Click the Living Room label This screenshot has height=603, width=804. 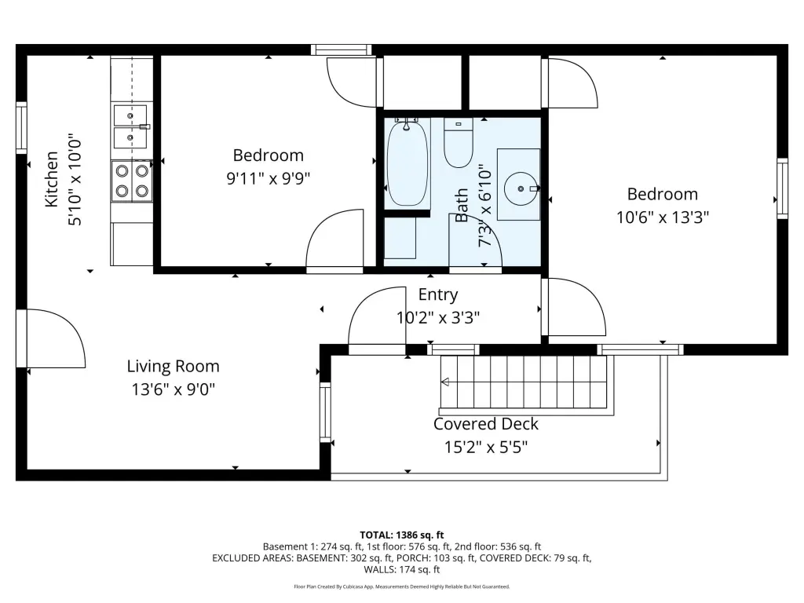click(x=174, y=366)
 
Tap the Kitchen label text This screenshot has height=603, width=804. click(x=51, y=179)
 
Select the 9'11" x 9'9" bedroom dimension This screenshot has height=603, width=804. click(x=269, y=178)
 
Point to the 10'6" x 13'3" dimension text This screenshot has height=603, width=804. click(x=663, y=217)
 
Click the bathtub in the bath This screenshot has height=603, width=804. click(x=407, y=163)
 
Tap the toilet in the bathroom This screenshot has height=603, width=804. click(x=459, y=143)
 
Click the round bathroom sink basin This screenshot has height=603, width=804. click(x=521, y=188)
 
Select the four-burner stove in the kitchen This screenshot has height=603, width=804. click(x=132, y=181)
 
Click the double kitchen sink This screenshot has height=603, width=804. click(x=130, y=126)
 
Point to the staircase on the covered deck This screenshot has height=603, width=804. click(x=524, y=382)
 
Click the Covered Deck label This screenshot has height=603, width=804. click(x=485, y=424)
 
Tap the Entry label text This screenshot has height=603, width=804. click(x=438, y=295)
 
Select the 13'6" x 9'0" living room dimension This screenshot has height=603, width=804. click(x=174, y=389)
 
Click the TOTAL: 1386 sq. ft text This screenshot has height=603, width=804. click(x=402, y=535)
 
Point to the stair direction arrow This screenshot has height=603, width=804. click(x=446, y=382)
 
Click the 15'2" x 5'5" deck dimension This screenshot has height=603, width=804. click(x=485, y=447)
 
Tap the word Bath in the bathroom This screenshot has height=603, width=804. click(x=462, y=205)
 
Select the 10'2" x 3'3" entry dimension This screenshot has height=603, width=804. click(x=438, y=317)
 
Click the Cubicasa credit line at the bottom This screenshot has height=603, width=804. click(x=402, y=587)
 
